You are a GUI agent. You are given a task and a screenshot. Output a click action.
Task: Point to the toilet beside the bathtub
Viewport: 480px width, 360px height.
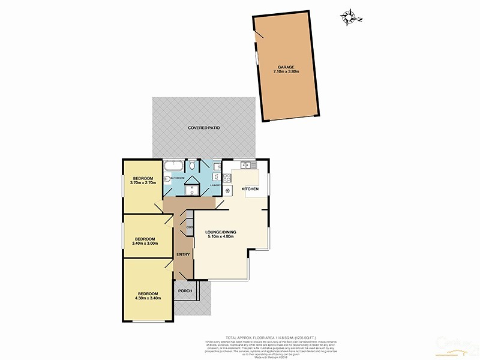point(191,165)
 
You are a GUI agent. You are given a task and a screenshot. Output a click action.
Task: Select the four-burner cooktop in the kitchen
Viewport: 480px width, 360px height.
point(227,177)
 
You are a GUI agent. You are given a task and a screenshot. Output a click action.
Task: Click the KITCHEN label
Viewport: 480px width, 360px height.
point(250,189)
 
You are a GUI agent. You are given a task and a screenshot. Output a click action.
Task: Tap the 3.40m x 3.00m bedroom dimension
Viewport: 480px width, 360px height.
point(145,243)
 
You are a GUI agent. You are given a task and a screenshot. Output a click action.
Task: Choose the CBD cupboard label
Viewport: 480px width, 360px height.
point(188,227)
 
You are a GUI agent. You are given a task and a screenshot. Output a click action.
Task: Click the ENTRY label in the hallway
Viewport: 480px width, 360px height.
point(183,254)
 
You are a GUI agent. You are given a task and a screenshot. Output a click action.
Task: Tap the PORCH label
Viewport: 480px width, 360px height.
point(185,291)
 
